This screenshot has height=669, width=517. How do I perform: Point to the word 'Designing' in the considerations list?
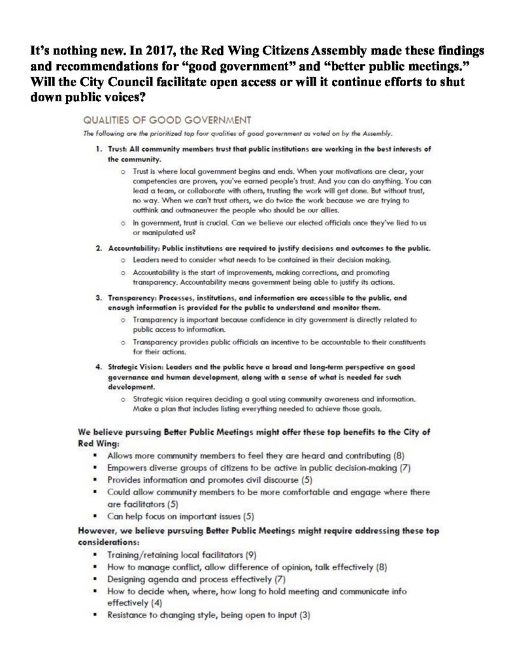pos(127,579)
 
